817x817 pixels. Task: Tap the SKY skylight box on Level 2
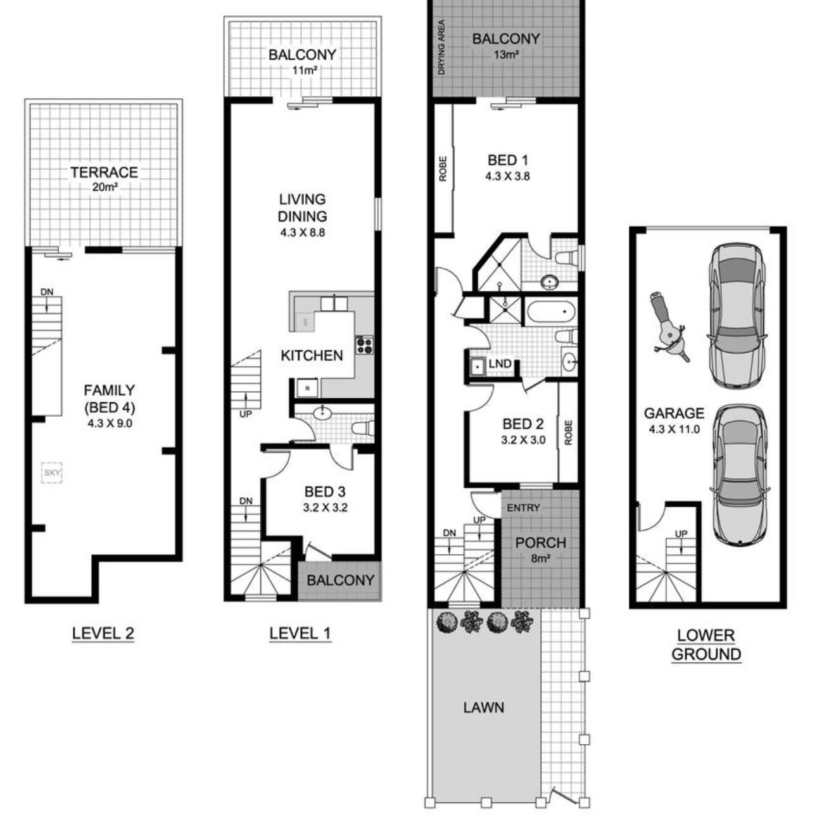coord(52,472)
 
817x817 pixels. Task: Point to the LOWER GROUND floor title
coord(706,645)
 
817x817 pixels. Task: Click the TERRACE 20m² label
coord(104,179)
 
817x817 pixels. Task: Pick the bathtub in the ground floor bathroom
coord(551,312)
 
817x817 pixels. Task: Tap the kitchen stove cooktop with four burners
coord(364,345)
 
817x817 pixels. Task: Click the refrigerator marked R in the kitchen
coord(308,388)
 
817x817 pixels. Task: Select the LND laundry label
coord(500,364)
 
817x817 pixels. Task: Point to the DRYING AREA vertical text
coord(441,47)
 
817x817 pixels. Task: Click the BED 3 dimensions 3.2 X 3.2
coord(325,507)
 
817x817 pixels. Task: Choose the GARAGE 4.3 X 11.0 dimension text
coord(674,429)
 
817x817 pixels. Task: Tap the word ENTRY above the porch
coord(523,507)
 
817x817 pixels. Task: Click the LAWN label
coord(484,707)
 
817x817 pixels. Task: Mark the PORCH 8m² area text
coord(541,550)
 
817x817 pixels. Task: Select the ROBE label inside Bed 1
coord(443,168)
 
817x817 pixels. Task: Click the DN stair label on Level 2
coord(47,292)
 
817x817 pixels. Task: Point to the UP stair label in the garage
coord(681,533)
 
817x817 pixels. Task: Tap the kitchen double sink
coord(334,303)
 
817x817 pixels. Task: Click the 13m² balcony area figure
coord(506,54)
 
